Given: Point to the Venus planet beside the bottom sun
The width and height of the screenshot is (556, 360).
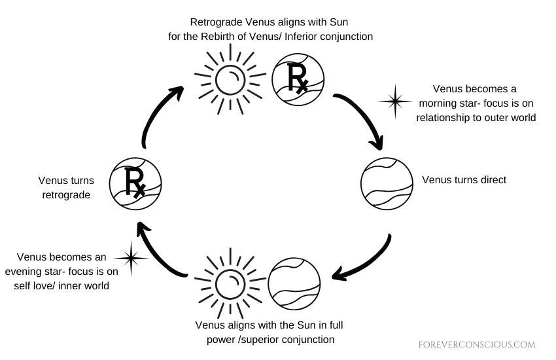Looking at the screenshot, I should (x=294, y=283).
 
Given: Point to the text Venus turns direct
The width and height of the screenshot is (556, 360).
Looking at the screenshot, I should (x=464, y=179).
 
